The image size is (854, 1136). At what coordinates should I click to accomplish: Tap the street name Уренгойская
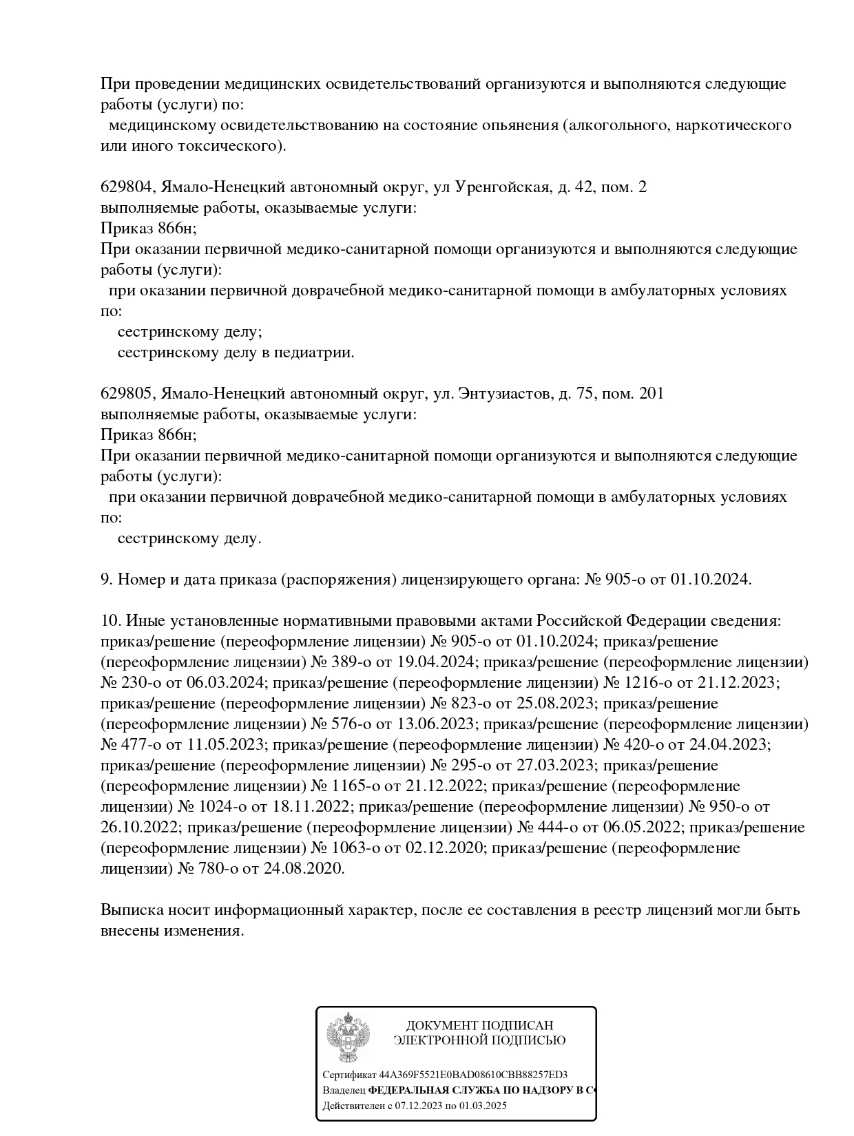pos(503,187)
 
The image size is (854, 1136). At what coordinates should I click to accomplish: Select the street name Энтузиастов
pos(503,394)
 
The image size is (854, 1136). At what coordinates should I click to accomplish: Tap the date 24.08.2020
pos(303,869)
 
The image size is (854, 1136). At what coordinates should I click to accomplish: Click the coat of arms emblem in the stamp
pos(348,1039)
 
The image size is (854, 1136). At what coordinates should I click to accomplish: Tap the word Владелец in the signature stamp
pos(344,1091)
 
